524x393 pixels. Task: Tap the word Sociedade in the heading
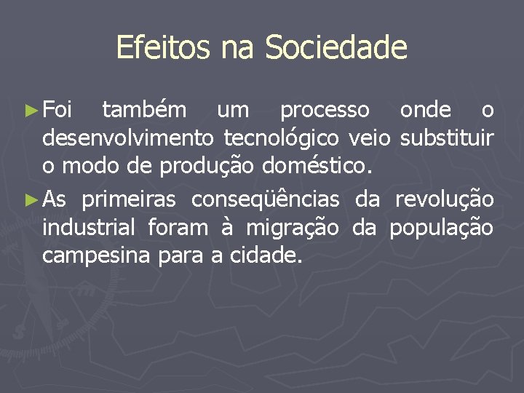pos(336,48)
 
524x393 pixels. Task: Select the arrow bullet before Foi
pos(30,111)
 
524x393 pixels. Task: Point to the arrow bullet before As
pos(30,200)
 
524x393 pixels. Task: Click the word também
pos(144,110)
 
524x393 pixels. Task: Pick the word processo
pos(325,110)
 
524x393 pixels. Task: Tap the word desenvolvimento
pos(127,138)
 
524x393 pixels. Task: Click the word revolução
pos(444,199)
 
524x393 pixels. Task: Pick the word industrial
pos(89,227)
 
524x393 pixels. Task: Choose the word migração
pos(292,228)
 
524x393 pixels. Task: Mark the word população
pos(441,228)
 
